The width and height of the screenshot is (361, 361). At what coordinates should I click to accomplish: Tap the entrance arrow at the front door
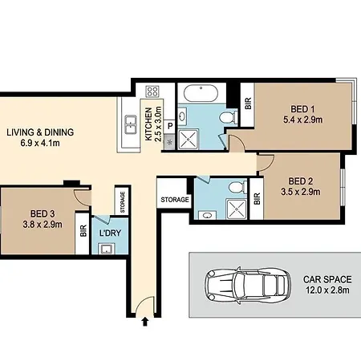pyautogui.click(x=145, y=322)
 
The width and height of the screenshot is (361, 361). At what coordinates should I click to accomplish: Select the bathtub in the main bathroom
pyautogui.click(x=201, y=93)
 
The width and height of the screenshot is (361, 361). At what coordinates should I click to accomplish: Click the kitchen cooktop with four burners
pyautogui.click(x=152, y=91)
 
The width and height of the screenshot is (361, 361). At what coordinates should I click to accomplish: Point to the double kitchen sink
pyautogui.click(x=131, y=124)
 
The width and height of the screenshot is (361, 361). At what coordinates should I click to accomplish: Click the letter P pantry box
pyautogui.click(x=170, y=126)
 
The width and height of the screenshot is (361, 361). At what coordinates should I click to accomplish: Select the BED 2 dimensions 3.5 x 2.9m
pyautogui.click(x=301, y=192)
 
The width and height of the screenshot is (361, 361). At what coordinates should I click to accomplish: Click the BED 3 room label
pyautogui.click(x=43, y=213)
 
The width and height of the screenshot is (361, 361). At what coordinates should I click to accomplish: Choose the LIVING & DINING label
pyautogui.click(x=40, y=132)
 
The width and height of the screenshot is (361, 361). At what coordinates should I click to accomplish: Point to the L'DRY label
pyautogui.click(x=110, y=233)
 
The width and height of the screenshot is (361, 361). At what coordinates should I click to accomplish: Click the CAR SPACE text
pyautogui.click(x=327, y=279)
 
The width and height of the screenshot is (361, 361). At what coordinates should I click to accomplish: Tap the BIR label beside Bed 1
pyautogui.click(x=248, y=103)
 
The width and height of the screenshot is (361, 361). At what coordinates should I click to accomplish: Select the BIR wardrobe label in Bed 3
pyautogui.click(x=83, y=231)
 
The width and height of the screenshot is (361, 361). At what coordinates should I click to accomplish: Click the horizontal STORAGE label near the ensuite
pyautogui.click(x=175, y=200)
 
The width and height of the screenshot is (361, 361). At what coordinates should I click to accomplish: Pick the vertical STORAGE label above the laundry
pyautogui.click(x=123, y=202)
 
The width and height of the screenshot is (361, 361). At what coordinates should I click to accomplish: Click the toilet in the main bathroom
pyautogui.click(x=229, y=117)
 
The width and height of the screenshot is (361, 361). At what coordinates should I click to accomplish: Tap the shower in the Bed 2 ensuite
pyautogui.click(x=237, y=209)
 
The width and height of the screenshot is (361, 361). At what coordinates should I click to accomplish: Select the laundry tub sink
pyautogui.click(x=107, y=249)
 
